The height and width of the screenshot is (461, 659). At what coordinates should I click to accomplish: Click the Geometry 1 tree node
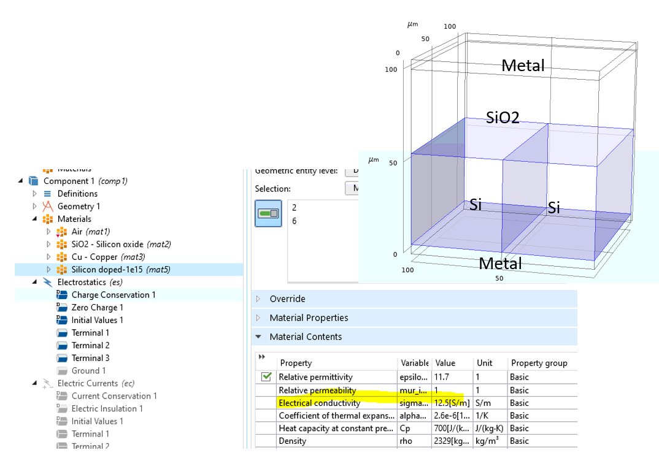[79, 206]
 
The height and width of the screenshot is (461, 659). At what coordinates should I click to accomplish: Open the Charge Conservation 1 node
[113, 295]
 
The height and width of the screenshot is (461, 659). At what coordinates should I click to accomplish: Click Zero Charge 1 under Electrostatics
[97, 308]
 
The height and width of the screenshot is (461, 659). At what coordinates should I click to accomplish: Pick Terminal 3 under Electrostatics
[90, 358]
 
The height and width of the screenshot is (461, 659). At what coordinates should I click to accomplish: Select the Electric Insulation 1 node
[107, 409]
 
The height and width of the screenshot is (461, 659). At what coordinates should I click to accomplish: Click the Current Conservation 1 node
[114, 396]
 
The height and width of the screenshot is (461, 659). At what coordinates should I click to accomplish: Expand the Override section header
[287, 299]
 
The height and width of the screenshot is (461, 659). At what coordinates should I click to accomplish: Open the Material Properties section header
[309, 318]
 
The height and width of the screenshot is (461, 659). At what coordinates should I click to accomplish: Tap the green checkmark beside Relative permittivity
[266, 377]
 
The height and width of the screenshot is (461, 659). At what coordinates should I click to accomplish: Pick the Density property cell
[293, 441]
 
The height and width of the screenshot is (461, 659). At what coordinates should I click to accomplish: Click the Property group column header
[539, 363]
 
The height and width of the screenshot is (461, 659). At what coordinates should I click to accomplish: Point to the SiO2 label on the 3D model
[503, 117]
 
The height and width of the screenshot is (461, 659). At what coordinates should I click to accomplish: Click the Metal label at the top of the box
[523, 66]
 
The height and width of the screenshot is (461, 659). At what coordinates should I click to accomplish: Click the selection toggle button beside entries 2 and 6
[268, 213]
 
